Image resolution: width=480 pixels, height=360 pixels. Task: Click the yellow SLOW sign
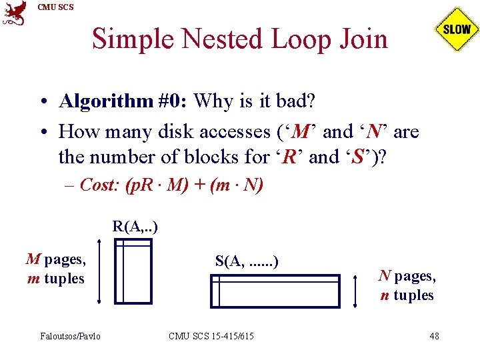point(457,29)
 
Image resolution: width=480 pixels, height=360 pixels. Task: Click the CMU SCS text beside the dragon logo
point(56,7)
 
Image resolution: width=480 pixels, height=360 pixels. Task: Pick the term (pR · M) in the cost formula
point(156,185)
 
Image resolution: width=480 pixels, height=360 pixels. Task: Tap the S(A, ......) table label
point(246,261)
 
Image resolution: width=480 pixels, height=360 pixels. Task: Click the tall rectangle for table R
point(133,271)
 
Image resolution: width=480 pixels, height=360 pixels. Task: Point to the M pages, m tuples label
point(56,269)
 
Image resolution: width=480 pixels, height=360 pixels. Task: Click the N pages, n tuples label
point(407,285)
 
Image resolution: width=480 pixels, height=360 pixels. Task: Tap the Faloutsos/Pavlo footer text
point(70,336)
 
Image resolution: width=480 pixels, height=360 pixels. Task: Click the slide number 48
point(434,336)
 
